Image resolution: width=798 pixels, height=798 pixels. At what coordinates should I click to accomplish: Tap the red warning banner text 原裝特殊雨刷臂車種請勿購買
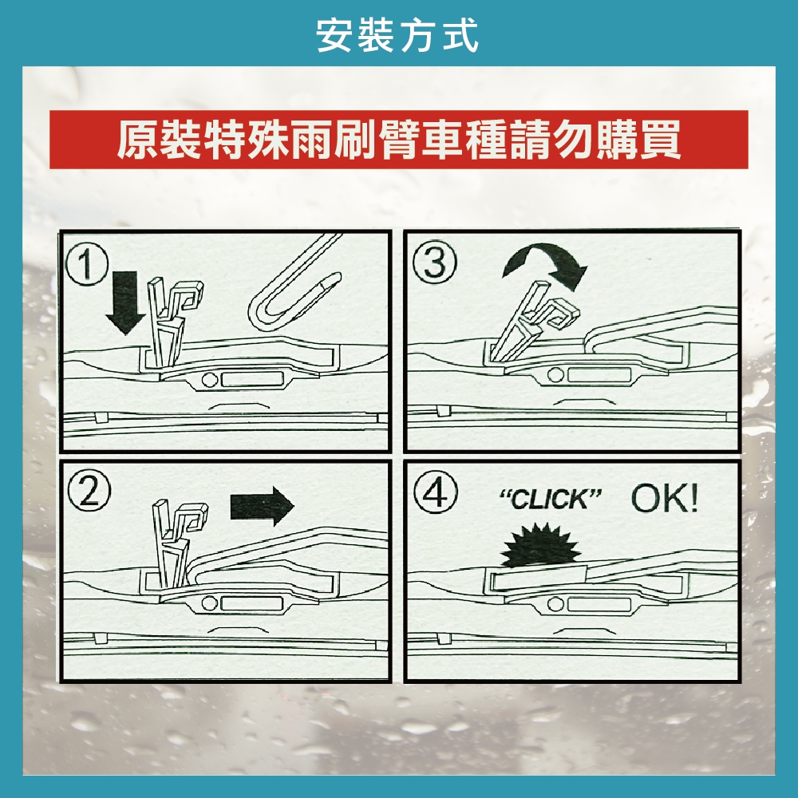tap(398, 140)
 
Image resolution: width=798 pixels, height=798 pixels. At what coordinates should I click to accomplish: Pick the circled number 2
tap(89, 491)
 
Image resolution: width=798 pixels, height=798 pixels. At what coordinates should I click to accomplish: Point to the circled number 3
tap(435, 263)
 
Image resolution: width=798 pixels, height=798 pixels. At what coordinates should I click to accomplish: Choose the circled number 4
tap(435, 492)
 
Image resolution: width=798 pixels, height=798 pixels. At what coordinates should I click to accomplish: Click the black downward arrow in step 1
tap(125, 302)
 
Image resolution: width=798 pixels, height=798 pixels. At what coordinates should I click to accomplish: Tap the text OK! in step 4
tap(664, 500)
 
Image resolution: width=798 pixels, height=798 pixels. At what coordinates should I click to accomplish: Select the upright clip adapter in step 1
tap(172, 321)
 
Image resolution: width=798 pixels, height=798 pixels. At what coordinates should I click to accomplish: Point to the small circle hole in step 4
tap(555, 604)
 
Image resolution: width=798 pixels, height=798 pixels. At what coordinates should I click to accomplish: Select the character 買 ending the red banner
tap(661, 140)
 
